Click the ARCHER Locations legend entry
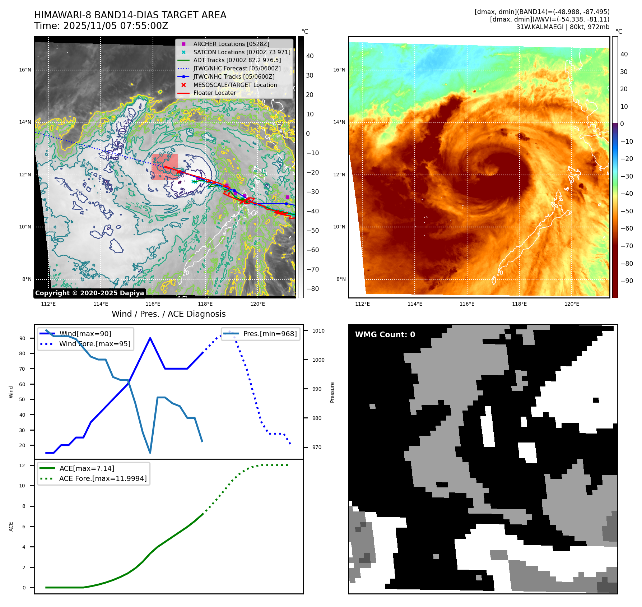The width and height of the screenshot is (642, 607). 231,44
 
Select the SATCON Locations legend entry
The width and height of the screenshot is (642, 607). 242,52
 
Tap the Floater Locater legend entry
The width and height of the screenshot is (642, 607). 214,93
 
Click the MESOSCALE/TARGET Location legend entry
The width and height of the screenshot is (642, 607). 235,85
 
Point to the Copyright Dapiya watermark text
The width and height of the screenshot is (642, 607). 89,293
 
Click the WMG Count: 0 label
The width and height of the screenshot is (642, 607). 385,335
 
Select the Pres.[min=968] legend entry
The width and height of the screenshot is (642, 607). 270,334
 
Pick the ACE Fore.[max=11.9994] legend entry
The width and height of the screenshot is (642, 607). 103,478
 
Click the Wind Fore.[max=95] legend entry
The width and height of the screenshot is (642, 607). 94,344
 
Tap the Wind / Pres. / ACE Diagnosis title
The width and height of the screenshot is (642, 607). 168,314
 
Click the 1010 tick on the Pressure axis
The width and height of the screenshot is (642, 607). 318,331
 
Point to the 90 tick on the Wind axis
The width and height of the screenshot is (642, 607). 23,338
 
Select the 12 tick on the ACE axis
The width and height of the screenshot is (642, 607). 22,465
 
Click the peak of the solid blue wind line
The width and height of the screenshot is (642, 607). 150,338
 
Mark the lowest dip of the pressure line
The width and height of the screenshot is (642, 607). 150,453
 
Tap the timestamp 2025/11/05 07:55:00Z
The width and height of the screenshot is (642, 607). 116,26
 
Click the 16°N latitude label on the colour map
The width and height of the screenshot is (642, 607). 339,70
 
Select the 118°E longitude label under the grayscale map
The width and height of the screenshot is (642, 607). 205,304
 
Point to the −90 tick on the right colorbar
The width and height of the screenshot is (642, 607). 627,281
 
